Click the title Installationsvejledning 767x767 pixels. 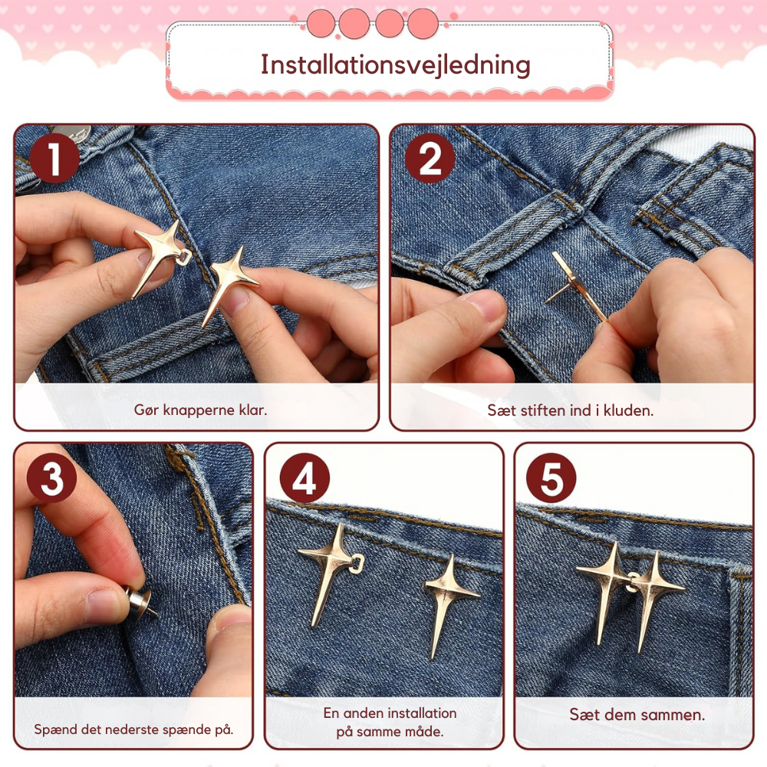point(395,65)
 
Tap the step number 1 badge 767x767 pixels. point(54,158)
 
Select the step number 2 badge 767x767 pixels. point(430,158)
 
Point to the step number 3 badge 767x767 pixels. point(52,478)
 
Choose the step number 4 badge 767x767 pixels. point(304,478)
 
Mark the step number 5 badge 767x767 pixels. point(551,478)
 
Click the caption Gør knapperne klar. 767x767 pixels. point(200,410)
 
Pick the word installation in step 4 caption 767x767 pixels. point(420,713)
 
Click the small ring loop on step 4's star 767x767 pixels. point(357,564)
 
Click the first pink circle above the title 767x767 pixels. point(321,24)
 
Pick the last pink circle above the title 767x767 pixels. point(423,24)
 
